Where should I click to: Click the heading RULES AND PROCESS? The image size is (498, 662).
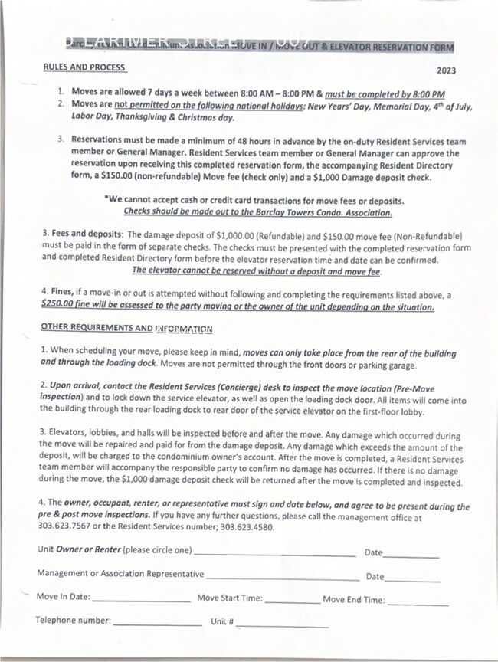coord(84,67)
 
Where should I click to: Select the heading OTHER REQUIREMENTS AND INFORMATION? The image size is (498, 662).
coord(126,329)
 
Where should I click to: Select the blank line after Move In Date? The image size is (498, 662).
coord(141,601)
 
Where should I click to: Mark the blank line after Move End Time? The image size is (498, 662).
coord(418,603)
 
